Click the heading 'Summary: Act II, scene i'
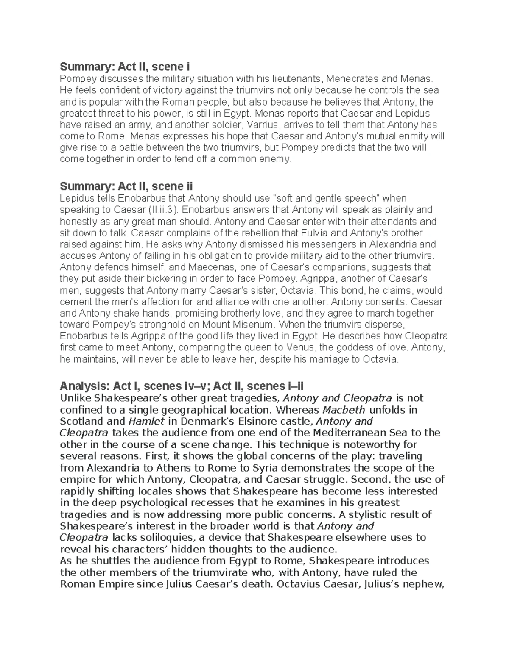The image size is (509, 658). (125, 67)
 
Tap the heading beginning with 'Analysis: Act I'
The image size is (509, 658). (182, 386)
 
